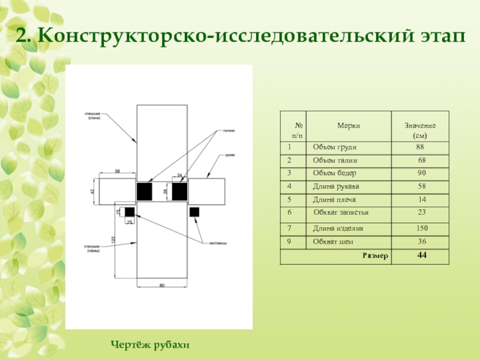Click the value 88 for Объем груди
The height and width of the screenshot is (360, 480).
tap(420, 147)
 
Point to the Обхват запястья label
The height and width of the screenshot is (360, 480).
tap(341, 212)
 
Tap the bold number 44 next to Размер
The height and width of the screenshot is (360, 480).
tap(421, 256)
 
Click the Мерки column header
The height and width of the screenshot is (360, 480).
tap(349, 125)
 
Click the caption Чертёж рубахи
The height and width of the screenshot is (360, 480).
tap(150, 344)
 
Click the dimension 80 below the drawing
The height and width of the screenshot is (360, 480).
tap(161, 285)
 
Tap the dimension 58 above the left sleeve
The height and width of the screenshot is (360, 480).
tap(118, 172)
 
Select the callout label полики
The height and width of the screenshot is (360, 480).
tap(227, 130)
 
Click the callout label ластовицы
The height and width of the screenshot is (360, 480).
tap(217, 243)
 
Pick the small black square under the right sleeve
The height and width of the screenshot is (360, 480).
tap(194, 212)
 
